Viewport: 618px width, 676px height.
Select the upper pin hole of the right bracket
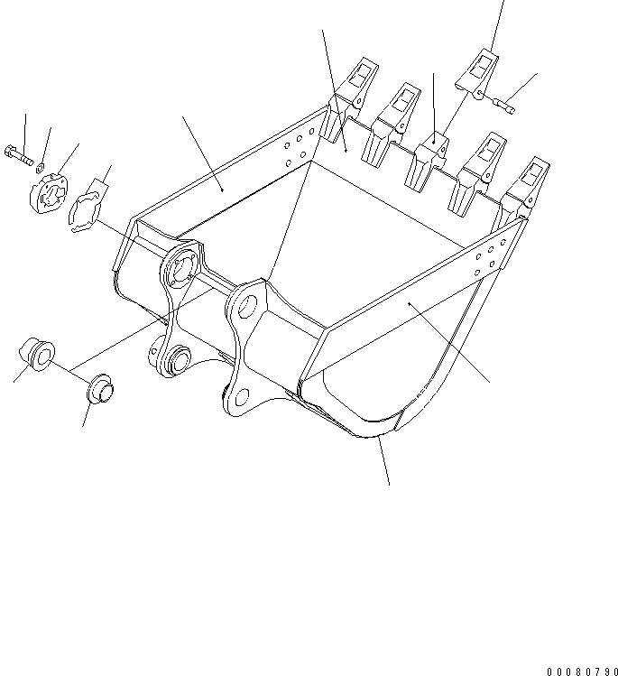(248, 307)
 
